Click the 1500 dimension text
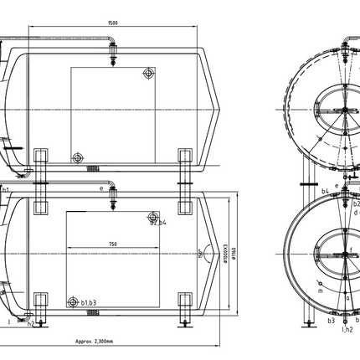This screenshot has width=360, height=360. (112, 23)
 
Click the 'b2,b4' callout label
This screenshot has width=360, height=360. (159, 223)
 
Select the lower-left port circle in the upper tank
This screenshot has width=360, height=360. (77, 156)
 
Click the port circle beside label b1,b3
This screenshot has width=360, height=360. (76, 299)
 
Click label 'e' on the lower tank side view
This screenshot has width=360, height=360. (100, 189)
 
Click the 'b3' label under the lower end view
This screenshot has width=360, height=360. (332, 319)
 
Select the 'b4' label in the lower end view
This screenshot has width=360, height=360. (324, 191)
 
